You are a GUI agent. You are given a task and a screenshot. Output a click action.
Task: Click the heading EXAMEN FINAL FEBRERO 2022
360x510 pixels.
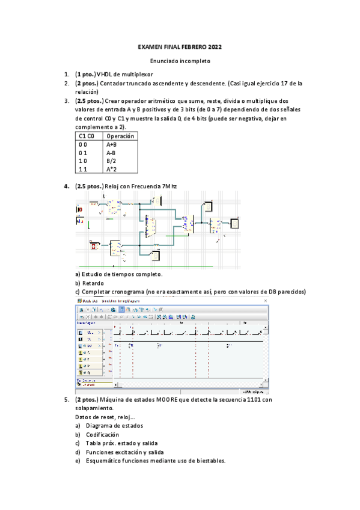(x=180, y=46)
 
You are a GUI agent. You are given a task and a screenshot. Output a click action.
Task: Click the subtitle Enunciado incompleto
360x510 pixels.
(x=180, y=61)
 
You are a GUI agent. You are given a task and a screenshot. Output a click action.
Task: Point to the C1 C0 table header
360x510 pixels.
(x=87, y=137)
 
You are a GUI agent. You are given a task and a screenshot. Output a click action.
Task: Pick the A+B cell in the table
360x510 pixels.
(x=112, y=145)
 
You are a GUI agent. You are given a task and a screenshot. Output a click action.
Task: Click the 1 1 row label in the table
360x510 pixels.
(x=83, y=170)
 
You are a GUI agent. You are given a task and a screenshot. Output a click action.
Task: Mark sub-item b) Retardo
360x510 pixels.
(x=90, y=283)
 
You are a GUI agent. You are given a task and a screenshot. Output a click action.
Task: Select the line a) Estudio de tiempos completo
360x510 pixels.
(x=118, y=274)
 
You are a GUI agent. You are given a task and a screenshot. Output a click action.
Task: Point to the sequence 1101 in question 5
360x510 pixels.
(x=255, y=399)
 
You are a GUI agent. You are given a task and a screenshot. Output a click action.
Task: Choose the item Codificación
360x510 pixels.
(x=102, y=434)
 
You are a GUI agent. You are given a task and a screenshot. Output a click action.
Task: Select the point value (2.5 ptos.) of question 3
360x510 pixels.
(x=90, y=101)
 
